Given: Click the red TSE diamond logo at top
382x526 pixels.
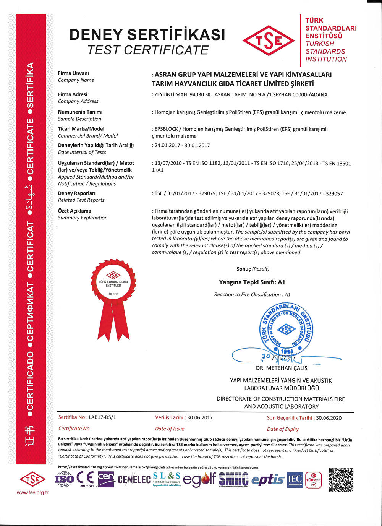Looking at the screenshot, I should coord(269,41).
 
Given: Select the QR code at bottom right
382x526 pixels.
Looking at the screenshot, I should coord(341,479).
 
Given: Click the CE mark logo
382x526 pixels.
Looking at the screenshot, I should coord(85,478).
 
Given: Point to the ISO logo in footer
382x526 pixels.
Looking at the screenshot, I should coord(64,479).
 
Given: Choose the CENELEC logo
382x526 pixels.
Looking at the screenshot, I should coord(134,480).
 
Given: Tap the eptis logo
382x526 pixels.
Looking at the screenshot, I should coord(267,480).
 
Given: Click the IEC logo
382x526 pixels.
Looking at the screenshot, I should coord(295,479).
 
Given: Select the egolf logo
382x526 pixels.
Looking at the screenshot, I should coord(199,479).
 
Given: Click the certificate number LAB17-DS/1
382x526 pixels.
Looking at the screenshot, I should coord(102,417).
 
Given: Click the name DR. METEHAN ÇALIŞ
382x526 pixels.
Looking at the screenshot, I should coord(282,368).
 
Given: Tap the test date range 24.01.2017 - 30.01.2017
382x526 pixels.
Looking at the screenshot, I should coord(182,145).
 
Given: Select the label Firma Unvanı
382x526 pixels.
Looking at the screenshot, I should coord(73,73).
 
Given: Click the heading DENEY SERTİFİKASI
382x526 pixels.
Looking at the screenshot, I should coord(147,35).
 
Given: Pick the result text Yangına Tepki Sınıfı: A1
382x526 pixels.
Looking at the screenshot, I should coord(252,282).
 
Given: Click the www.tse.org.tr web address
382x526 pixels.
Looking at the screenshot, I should coord(32,492).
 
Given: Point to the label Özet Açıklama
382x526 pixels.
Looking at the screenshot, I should coord(74,211).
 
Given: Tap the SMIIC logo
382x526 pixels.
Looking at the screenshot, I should coord(233,479).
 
